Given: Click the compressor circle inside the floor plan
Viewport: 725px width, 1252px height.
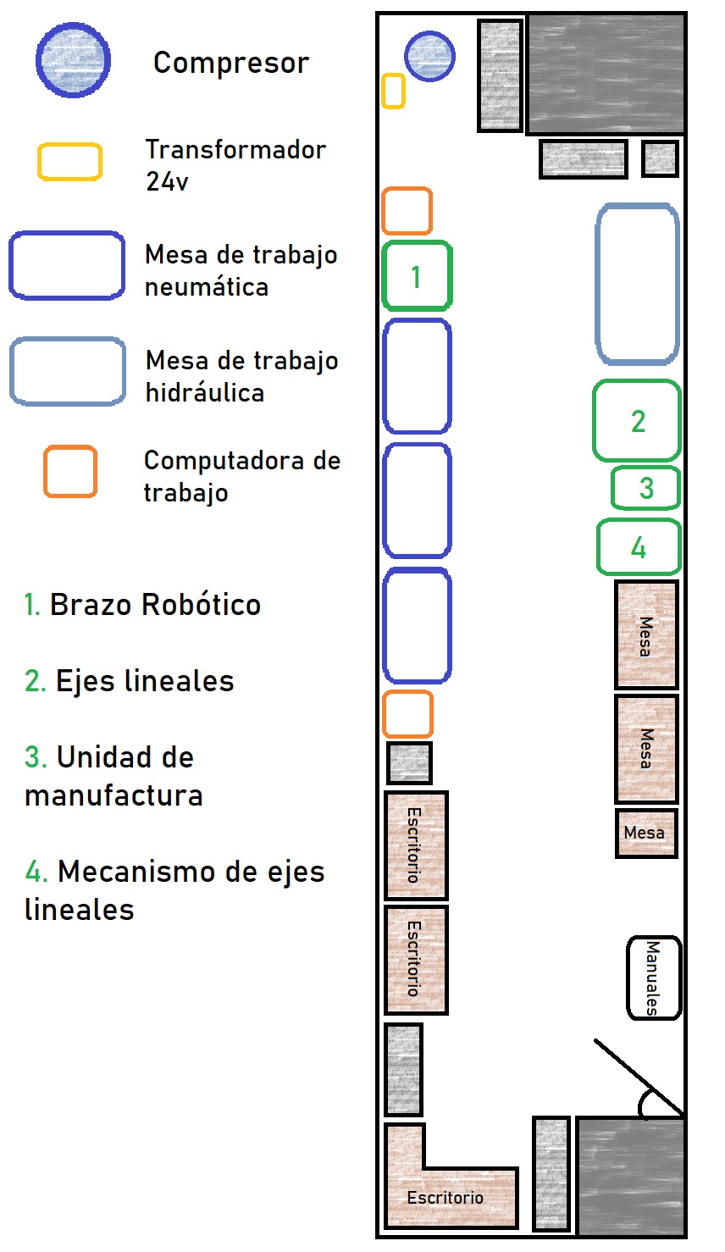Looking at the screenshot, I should pos(429,57).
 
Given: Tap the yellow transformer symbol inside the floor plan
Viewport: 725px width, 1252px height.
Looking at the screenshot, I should pos(393,91).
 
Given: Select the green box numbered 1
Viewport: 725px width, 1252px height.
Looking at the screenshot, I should pos(417,276).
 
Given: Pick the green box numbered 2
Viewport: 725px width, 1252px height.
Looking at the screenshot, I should pos(637,421).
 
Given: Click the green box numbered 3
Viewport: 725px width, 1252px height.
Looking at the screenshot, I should pos(646,488).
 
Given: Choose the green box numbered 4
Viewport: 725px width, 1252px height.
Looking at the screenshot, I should pos(639,547).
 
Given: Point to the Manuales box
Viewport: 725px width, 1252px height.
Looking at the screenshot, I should pos(654,978).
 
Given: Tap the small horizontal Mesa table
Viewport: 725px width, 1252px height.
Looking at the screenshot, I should pos(646,834).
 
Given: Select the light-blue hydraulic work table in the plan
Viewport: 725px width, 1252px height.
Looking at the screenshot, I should pos(638,284).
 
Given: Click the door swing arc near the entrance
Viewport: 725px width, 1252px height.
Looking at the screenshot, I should pos(653,1103).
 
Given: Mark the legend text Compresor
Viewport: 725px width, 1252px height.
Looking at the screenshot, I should pos(231,63).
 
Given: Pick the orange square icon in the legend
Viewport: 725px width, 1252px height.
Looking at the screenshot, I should pos(70,471).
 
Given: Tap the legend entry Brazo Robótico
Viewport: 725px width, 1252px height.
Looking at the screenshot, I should pos(142,605).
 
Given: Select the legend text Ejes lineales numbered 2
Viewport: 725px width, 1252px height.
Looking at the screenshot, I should pos(130,681).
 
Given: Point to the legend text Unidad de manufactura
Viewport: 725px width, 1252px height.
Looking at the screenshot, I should pos(113,776).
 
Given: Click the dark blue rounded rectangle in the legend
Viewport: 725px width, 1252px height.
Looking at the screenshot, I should pos(68,266).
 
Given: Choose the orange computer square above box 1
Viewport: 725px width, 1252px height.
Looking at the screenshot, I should pos(407,211).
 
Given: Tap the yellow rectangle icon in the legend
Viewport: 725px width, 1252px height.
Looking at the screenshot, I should pos(69,162).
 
